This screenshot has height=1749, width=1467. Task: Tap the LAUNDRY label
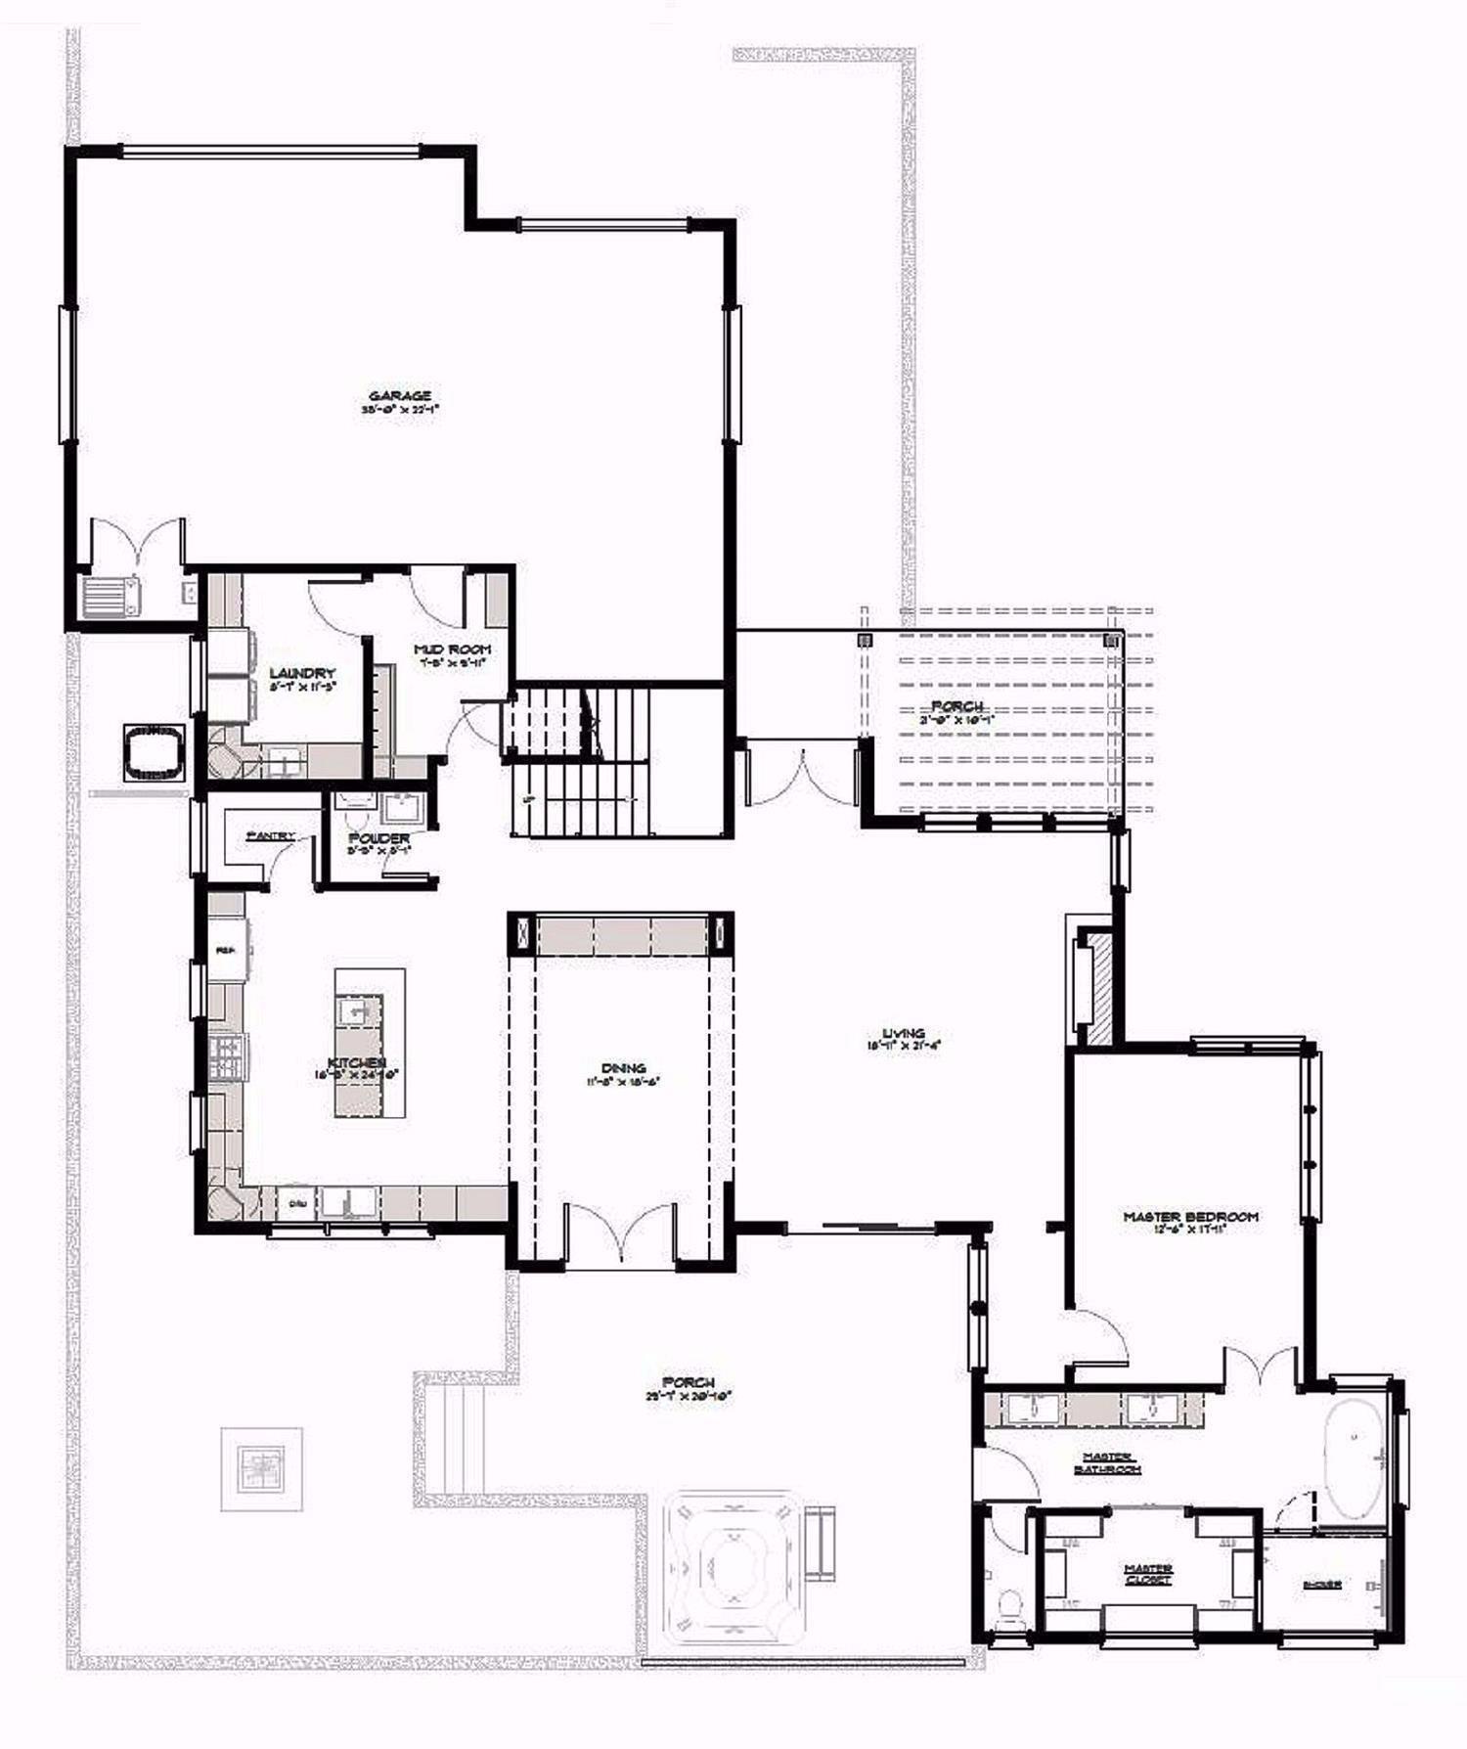coord(302,674)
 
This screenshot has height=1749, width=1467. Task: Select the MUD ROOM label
coord(451,650)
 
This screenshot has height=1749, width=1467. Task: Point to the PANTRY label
coord(271,836)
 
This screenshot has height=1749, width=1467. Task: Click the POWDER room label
coord(378,839)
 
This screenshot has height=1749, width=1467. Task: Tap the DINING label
coord(623,1069)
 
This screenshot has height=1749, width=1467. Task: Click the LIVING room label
coord(903,1033)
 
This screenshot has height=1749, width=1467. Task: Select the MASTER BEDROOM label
coord(1190,1217)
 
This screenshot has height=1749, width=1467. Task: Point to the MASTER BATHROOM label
coord(1107,1463)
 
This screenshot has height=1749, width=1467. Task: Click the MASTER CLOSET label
coord(1148,1574)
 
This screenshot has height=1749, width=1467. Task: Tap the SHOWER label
coord(1321,1585)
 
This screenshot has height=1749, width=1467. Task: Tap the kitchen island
coord(370,1043)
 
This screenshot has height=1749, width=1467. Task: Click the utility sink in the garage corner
coord(110,596)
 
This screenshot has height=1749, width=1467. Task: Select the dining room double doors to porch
coord(621,1238)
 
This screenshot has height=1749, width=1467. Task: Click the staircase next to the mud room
coord(577,763)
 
